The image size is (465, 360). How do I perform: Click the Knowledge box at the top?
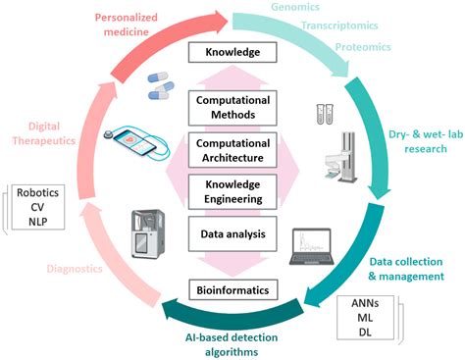tap(232, 50)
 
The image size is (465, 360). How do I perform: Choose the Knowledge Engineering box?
tap(232, 192)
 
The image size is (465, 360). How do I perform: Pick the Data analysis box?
tap(232, 234)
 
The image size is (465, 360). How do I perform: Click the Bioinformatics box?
tap(232, 290)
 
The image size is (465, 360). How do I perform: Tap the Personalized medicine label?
tap(122, 25)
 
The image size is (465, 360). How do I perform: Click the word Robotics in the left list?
tap(37, 194)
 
